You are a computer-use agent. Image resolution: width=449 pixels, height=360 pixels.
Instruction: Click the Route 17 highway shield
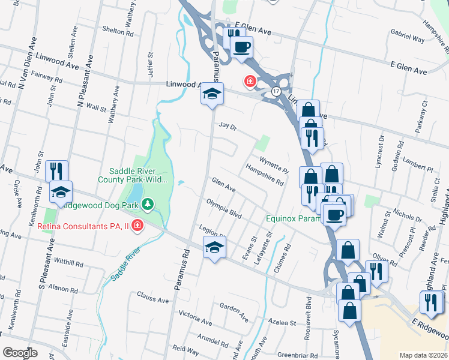pyautogui.click(x=276, y=91)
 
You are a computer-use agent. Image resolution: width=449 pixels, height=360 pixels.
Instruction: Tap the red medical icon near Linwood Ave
pyautogui.click(x=248, y=80)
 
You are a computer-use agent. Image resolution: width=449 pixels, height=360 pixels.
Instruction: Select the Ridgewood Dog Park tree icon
pyautogui.click(x=147, y=205)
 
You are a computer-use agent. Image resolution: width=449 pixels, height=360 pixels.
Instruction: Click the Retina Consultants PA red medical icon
pyautogui.click(x=137, y=225)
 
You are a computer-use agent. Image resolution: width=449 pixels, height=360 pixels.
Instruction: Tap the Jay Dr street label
pyautogui.click(x=228, y=127)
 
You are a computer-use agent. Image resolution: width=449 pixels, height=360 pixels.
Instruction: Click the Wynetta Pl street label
pyautogui.click(x=274, y=161)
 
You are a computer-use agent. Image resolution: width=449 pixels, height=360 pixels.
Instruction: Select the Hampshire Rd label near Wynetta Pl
pyautogui.click(x=265, y=175)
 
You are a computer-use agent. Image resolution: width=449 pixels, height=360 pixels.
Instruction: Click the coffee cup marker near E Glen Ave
pyautogui.click(x=242, y=46)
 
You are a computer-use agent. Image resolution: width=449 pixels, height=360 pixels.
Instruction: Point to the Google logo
pyautogui.click(x=20, y=353)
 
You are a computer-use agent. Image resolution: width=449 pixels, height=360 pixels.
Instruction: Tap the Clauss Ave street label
pyautogui.click(x=152, y=298)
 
